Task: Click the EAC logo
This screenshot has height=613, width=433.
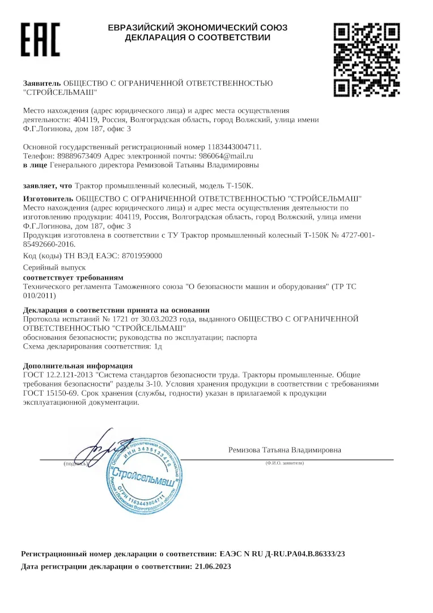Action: [x=40, y=40]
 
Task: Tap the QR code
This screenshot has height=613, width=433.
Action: [x=366, y=59]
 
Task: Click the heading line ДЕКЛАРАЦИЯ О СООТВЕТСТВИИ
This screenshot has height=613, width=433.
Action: [x=198, y=38]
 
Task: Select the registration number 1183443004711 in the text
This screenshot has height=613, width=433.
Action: [x=234, y=146]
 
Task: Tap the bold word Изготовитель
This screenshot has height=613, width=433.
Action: [x=48, y=198]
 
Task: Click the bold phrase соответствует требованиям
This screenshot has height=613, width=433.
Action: [x=73, y=277]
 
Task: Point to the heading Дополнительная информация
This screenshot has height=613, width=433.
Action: [x=78, y=366]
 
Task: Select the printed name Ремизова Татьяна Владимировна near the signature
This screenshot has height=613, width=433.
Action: [x=285, y=450]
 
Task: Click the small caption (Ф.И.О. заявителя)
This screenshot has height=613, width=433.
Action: [x=285, y=463]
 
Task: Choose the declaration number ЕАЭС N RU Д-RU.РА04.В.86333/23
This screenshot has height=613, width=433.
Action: [x=282, y=553]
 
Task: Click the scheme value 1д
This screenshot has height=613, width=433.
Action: [x=158, y=346]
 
